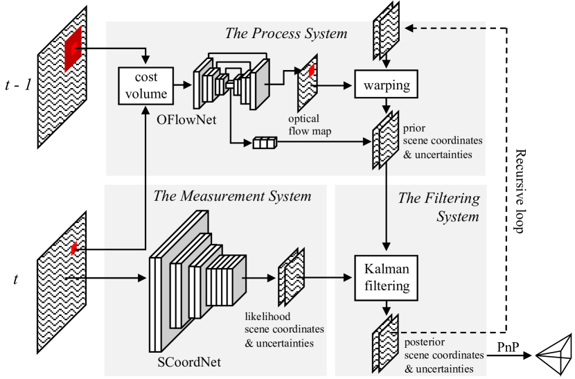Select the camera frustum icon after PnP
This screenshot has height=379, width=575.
[554, 355]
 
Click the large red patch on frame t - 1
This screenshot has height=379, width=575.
[73, 48]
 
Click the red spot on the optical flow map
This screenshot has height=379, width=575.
[312, 70]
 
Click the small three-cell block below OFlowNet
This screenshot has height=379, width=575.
[264, 143]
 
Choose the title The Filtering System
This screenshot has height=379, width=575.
[439, 207]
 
